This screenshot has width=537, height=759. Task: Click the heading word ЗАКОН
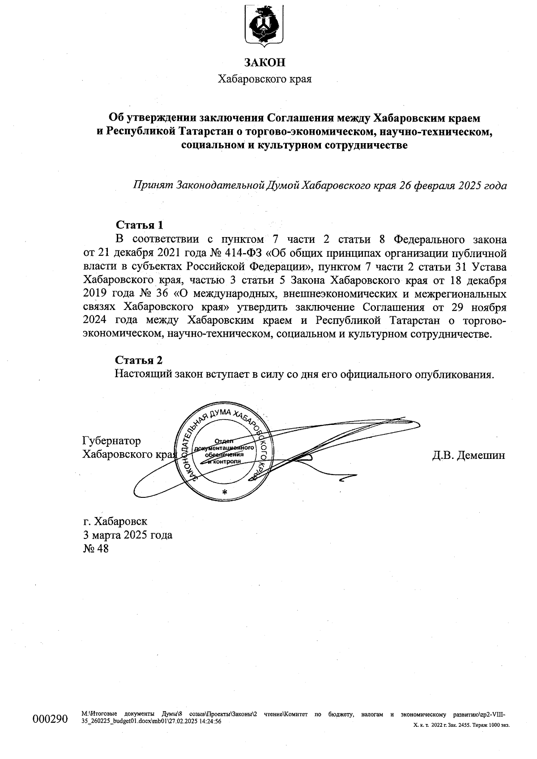264,63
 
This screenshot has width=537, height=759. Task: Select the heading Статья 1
140,225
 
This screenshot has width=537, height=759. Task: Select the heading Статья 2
140,360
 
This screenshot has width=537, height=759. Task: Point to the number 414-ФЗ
241,253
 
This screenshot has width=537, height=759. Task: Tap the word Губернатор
112,441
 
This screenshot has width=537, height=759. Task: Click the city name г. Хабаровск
115,521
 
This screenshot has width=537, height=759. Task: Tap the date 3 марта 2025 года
128,535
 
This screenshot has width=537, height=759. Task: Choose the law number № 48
96,548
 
